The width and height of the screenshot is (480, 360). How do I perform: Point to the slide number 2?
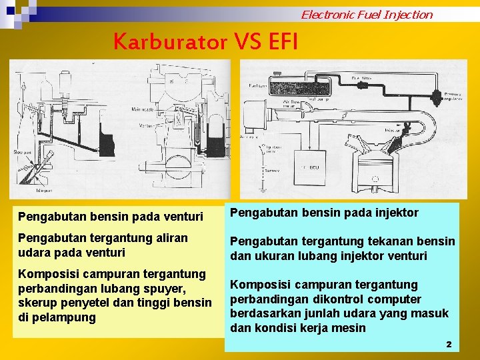click(x=449, y=344)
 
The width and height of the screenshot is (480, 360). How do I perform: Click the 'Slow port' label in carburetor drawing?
click(x=23, y=152)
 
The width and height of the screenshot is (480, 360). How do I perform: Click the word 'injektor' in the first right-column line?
click(x=395, y=213)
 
